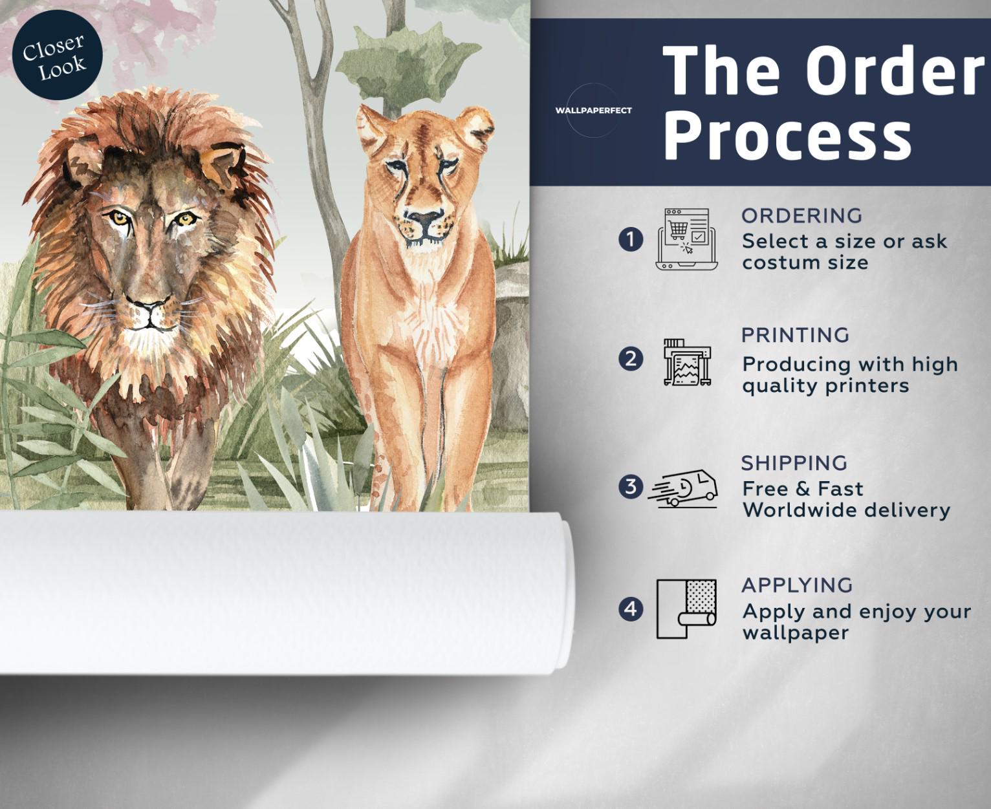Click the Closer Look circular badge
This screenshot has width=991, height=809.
point(58,54)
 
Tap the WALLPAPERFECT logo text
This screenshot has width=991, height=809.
point(593,111)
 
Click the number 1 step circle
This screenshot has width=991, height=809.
point(631,240)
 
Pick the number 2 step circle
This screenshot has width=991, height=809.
point(631,360)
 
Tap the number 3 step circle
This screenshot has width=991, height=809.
point(631,487)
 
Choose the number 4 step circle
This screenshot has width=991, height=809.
point(631,609)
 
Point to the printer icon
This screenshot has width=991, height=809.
point(687,362)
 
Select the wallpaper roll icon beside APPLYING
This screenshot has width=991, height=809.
point(686,609)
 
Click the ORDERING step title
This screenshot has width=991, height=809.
point(801,215)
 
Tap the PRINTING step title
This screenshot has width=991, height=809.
point(796,336)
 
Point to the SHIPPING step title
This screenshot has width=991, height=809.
point(794,463)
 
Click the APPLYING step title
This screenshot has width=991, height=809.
point(798,585)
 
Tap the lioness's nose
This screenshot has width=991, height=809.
point(424,217)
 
